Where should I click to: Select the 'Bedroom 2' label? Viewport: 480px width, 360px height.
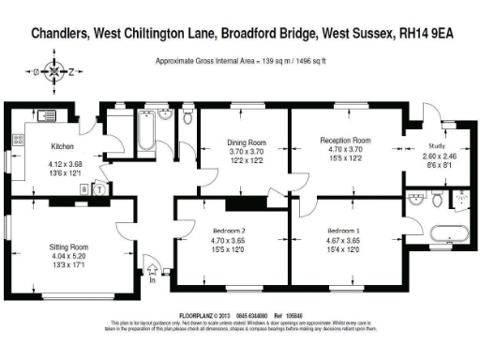tap(230, 230)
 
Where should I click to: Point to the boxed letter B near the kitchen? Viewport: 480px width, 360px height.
tap(84, 188)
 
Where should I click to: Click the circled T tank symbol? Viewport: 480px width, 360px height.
tap(98, 188)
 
